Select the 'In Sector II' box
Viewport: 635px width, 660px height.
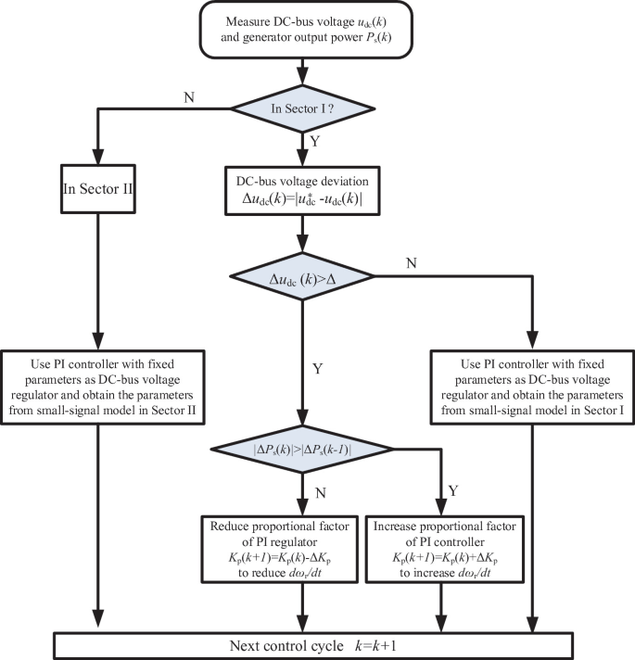95,193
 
